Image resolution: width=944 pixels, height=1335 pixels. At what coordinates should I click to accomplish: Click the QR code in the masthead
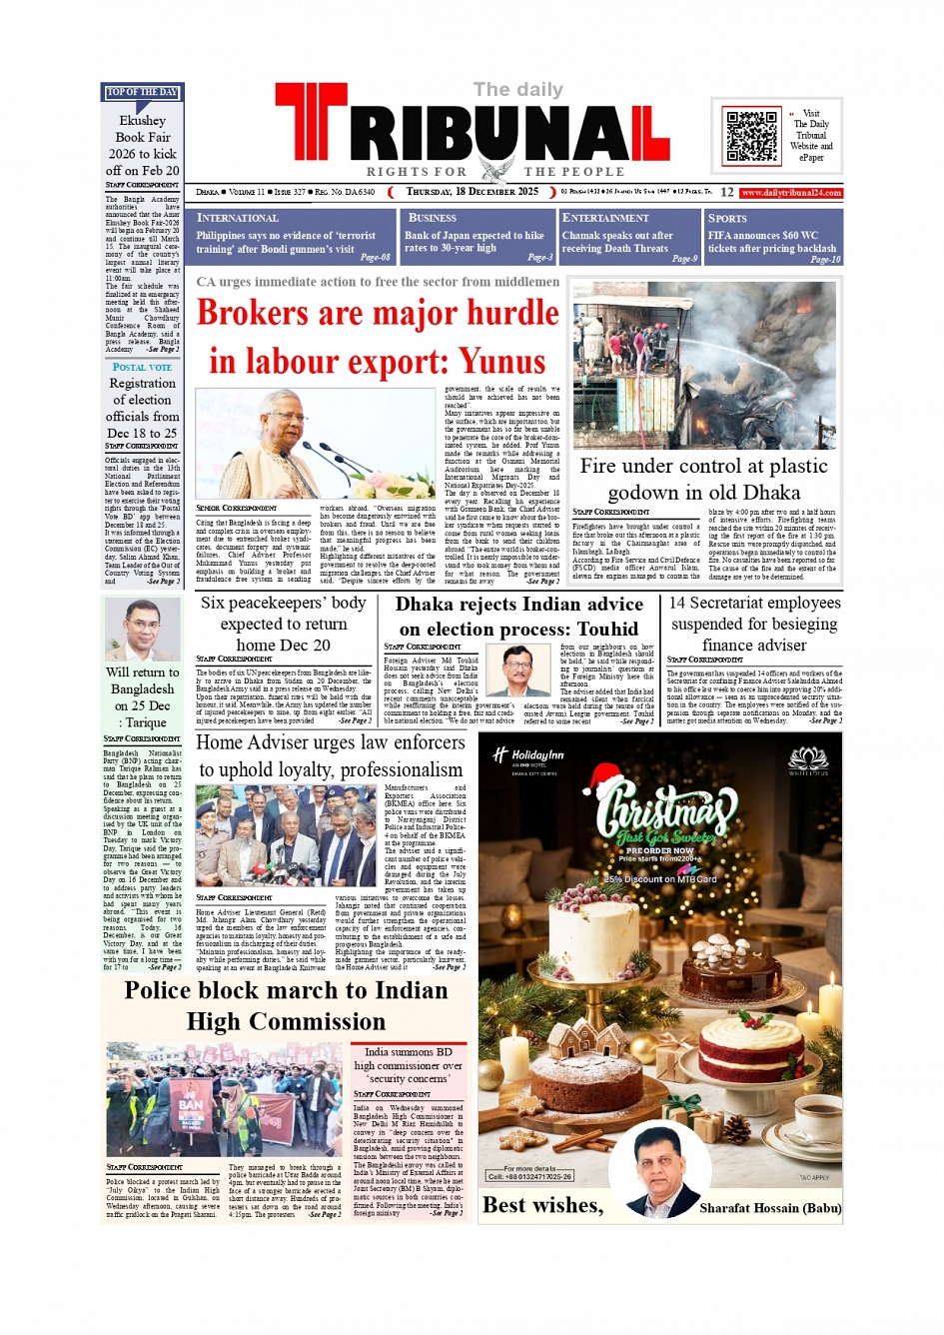(751, 137)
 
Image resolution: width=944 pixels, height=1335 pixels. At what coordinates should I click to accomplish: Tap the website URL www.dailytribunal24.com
(791, 193)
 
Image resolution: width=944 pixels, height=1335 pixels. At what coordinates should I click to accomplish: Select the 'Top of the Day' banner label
(142, 93)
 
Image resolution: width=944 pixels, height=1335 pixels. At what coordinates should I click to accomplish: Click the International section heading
(238, 218)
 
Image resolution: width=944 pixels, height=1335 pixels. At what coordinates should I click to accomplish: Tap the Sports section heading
(727, 218)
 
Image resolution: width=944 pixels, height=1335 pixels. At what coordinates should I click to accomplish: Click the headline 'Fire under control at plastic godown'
(703, 479)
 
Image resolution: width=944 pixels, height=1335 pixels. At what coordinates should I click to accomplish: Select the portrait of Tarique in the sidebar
(143, 630)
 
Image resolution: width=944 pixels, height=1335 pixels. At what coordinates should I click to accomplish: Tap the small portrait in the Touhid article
(520, 670)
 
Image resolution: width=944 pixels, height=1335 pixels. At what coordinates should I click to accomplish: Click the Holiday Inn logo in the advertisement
(528, 755)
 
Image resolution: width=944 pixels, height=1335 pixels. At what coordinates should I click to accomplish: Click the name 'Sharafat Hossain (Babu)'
(770, 1208)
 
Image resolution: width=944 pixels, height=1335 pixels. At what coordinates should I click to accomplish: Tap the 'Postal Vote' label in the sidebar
(142, 368)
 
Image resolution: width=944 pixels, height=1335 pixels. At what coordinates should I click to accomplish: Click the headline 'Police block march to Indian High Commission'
(286, 1005)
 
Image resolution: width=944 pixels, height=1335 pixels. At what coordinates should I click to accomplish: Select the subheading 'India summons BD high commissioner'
(408, 1065)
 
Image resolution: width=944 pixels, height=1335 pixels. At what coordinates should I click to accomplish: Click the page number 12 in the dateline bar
(726, 192)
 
